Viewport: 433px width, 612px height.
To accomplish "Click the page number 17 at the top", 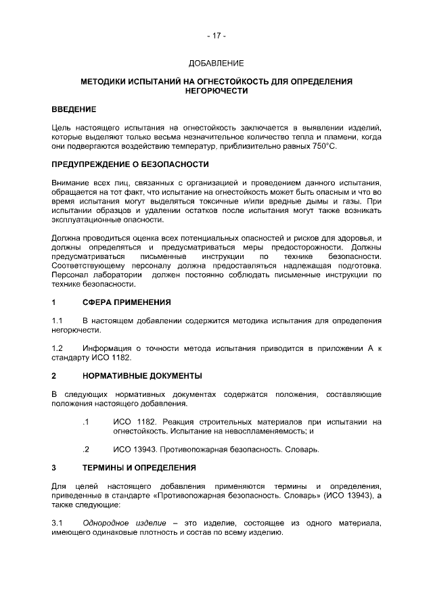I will [216, 34].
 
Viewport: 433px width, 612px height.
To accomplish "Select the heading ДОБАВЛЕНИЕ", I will [216, 63].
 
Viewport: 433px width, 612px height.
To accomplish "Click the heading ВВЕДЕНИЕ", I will [74, 109].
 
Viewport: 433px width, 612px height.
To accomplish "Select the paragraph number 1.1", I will [58, 320].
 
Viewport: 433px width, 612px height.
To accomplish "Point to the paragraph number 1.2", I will [58, 348].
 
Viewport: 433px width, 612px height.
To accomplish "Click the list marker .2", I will [85, 449].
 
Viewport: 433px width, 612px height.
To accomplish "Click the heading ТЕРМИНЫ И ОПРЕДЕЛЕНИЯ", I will [139, 467].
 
